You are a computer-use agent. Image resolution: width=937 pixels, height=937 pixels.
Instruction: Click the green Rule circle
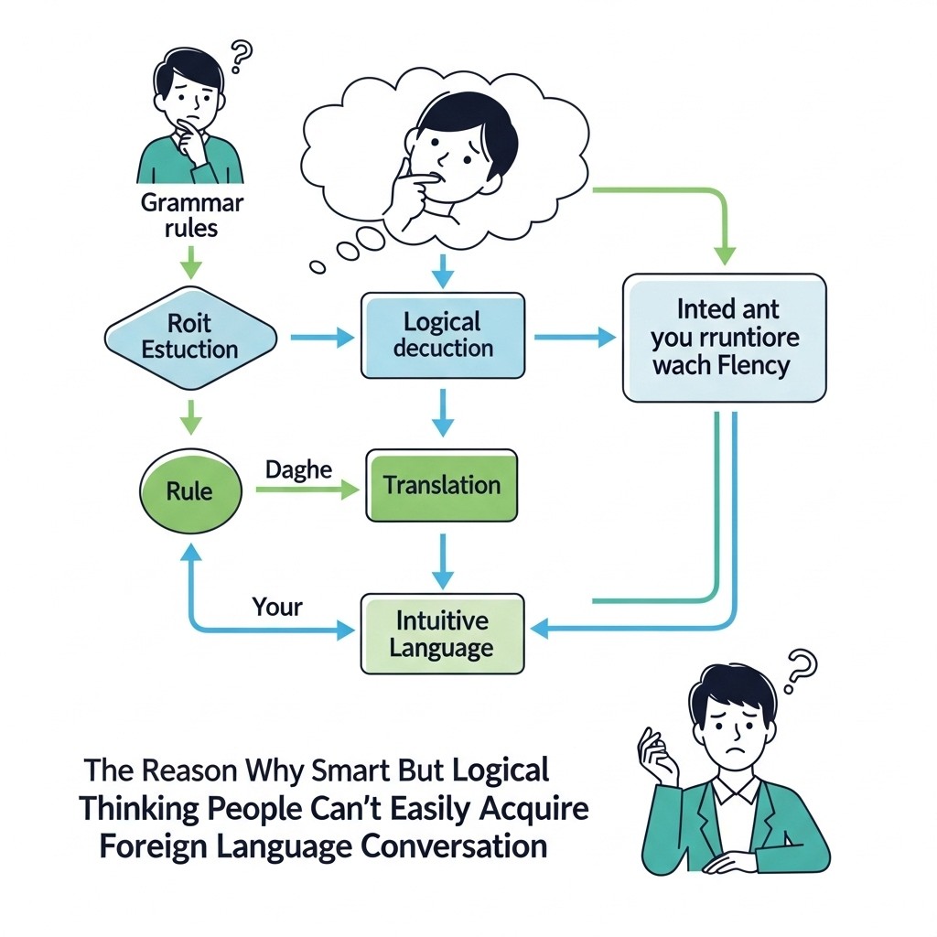[x=189, y=490]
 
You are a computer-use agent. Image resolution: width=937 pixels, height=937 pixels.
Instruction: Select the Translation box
[x=442, y=485]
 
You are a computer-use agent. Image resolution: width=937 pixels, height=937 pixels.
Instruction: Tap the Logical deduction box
[x=443, y=335]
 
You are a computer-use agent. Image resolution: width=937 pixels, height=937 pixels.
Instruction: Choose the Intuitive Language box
[x=442, y=634]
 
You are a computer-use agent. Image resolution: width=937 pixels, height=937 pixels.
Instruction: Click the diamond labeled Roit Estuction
[x=190, y=336]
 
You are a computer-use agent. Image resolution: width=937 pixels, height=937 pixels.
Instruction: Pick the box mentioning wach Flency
[x=725, y=338]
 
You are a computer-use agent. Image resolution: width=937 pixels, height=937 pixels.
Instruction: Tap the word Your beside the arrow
[x=276, y=606]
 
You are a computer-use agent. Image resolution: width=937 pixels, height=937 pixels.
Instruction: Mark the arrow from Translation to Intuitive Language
[x=442, y=560]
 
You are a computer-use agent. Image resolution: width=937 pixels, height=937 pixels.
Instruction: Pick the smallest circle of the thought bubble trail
[x=318, y=267]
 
